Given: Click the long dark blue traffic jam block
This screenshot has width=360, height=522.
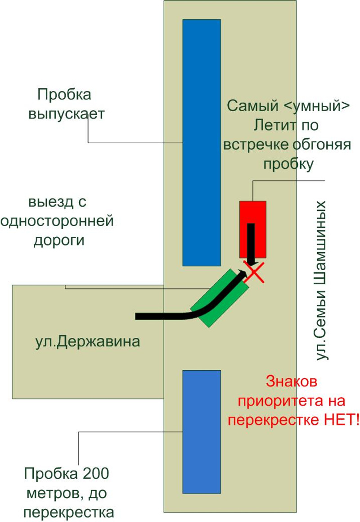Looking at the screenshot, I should [201, 142].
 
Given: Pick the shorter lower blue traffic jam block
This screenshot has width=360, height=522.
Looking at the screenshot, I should [201, 431].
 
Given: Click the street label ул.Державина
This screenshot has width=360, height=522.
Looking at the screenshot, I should [88, 341].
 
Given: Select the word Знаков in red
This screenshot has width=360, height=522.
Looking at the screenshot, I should [292, 382].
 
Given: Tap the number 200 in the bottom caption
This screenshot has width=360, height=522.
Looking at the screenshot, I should [96, 474].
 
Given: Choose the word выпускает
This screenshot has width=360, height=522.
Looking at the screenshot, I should [67, 114].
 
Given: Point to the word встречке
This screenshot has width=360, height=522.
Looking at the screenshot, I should [256, 145].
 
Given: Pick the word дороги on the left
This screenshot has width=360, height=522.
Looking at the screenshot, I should [59, 241].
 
